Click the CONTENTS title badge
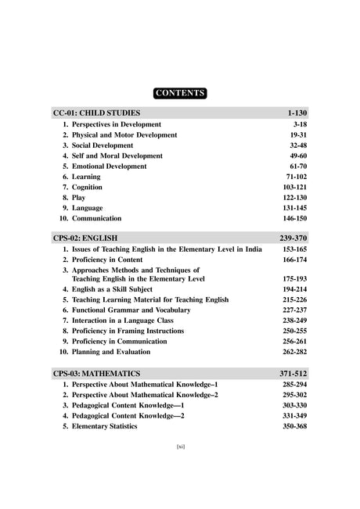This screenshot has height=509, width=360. tap(180, 93)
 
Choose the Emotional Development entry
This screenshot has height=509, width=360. tap(109, 167)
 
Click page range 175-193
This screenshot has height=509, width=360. tap(293, 278)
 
